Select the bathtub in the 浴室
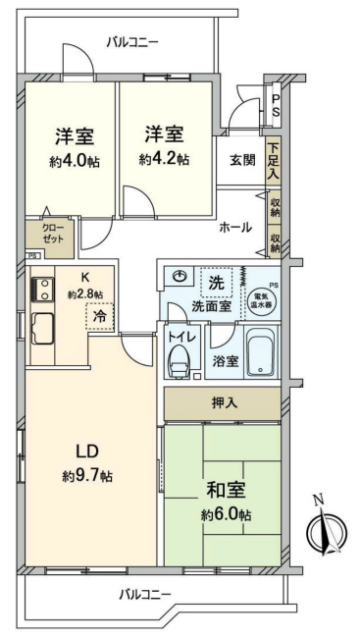click(x=260, y=355)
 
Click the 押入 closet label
click(x=225, y=403)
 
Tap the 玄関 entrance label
click(x=242, y=159)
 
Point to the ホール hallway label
click(x=235, y=227)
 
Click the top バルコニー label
click(x=132, y=41)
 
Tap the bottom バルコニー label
click(x=145, y=594)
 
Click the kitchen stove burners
click(x=42, y=290)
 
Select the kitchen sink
click(x=43, y=326)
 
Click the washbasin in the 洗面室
click(x=178, y=279)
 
